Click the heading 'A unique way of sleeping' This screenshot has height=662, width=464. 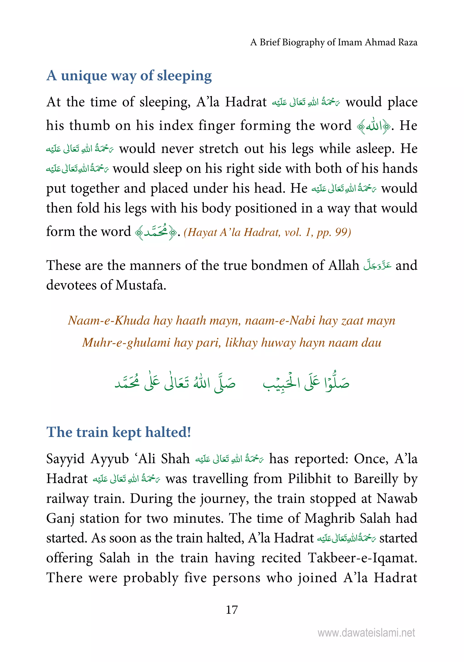[x=129, y=76]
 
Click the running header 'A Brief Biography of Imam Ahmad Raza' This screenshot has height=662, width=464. [x=333, y=42]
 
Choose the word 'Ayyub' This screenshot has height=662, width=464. [x=109, y=459]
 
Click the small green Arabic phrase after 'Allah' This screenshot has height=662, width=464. [x=377, y=265]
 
